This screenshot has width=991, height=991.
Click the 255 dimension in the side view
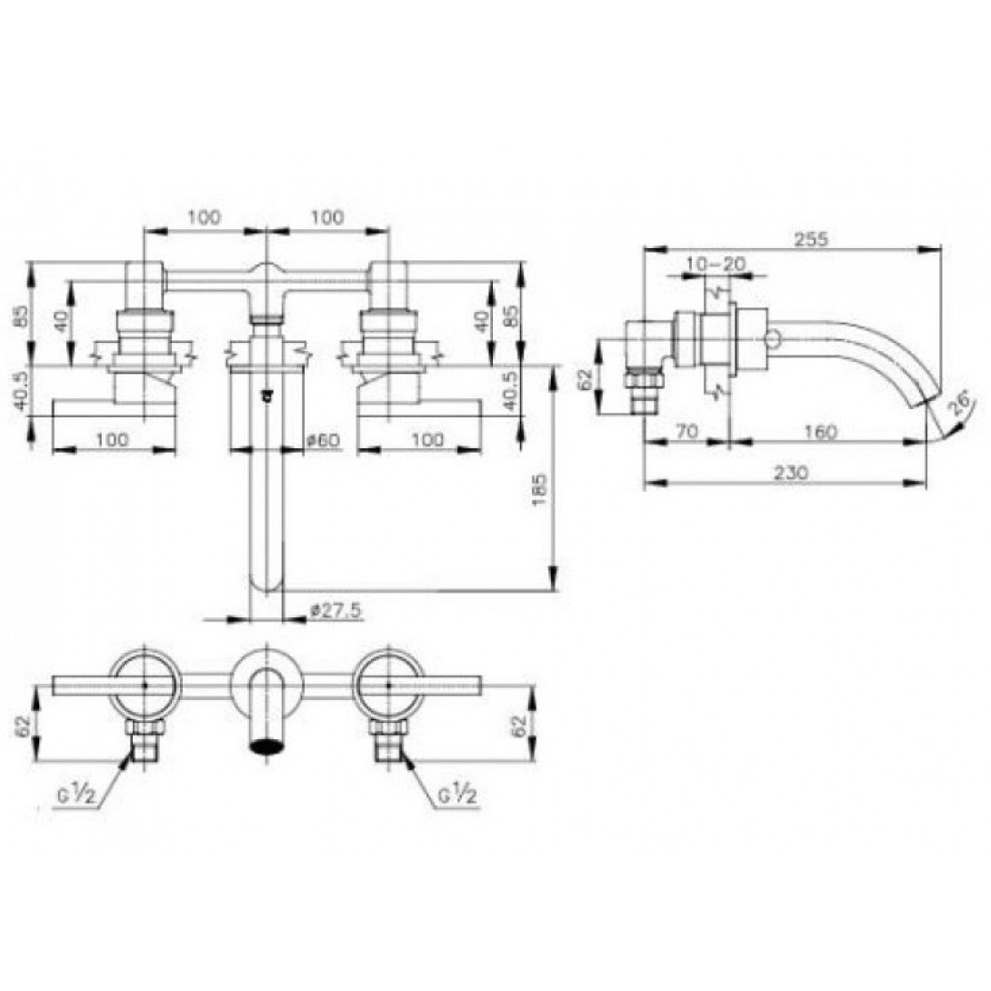tap(810, 239)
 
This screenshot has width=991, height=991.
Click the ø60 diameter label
tap(323, 440)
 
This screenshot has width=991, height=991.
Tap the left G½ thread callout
tap(80, 796)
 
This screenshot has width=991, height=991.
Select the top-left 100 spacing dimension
tap(204, 216)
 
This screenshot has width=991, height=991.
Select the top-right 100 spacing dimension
tap(327, 216)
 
